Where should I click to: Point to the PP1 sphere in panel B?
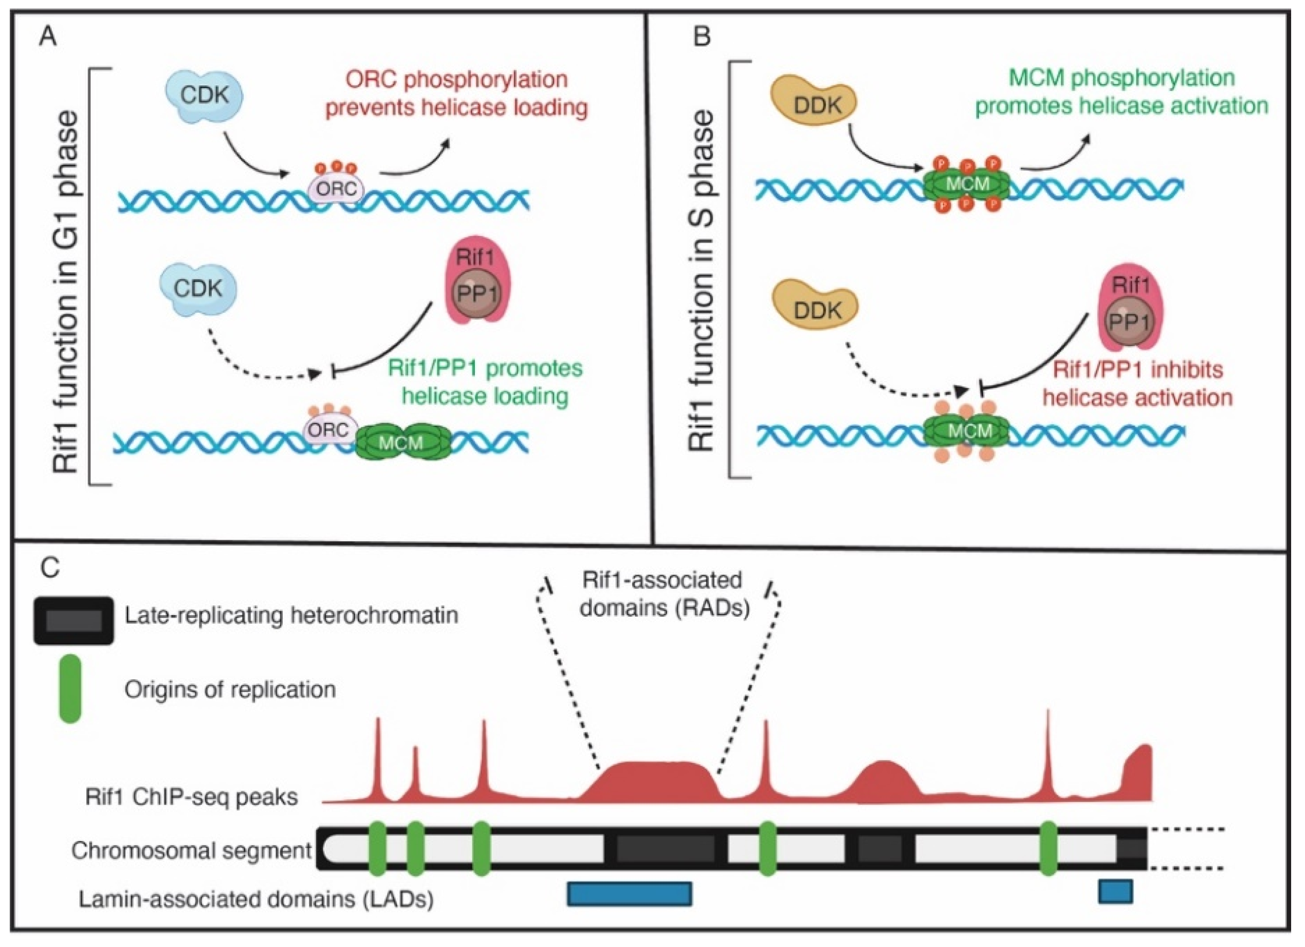tap(1129, 322)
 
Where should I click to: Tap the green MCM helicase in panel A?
tap(401, 442)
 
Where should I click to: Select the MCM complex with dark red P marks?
tap(967, 184)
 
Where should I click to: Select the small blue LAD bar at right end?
tap(1115, 891)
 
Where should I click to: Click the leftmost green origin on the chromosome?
tap(377, 849)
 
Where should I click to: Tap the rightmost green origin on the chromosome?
tap(1048, 849)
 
